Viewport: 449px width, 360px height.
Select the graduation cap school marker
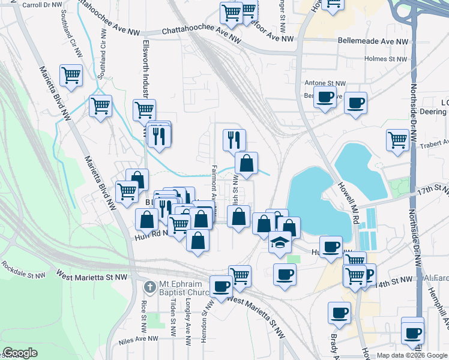tap(280, 242)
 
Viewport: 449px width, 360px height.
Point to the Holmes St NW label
tap(387, 59)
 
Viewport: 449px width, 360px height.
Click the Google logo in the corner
tap(20, 353)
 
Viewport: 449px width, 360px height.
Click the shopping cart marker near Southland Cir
tap(71, 76)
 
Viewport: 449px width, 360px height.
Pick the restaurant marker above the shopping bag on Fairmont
tap(234, 139)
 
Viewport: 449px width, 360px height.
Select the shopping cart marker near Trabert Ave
tap(397, 140)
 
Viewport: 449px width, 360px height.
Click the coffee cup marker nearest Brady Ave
tap(340, 312)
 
